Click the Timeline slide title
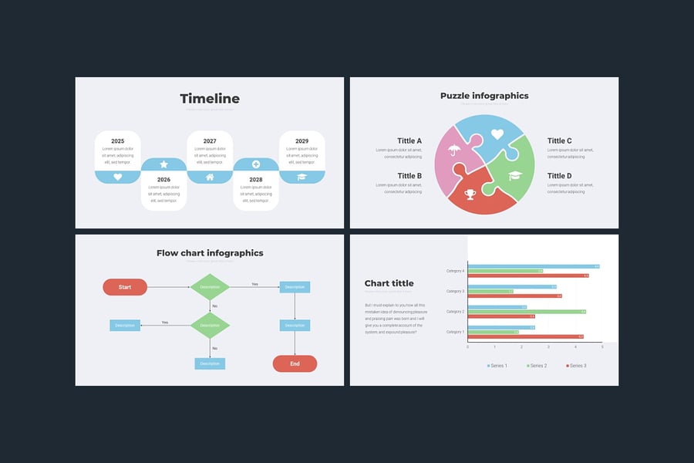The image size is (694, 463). point(210,99)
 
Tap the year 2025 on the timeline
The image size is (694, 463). point(117,141)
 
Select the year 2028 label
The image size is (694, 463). point(256,180)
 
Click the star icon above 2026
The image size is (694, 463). point(163,164)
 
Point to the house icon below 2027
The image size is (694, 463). point(210,177)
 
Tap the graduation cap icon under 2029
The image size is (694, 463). point(302,177)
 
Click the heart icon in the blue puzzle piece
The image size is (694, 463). point(497,134)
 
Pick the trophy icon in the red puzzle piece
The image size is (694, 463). point(470,194)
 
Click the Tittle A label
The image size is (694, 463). point(409,141)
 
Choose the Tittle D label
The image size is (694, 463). point(560,176)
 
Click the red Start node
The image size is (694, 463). point(125,287)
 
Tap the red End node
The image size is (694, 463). point(295,363)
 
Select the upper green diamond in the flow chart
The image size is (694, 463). point(210,287)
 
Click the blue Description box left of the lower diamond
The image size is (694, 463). point(125,325)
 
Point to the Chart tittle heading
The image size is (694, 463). point(389,283)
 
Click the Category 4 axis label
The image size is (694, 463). point(455,271)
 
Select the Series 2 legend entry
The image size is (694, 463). point(537,365)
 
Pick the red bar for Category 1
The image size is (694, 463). point(525,336)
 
